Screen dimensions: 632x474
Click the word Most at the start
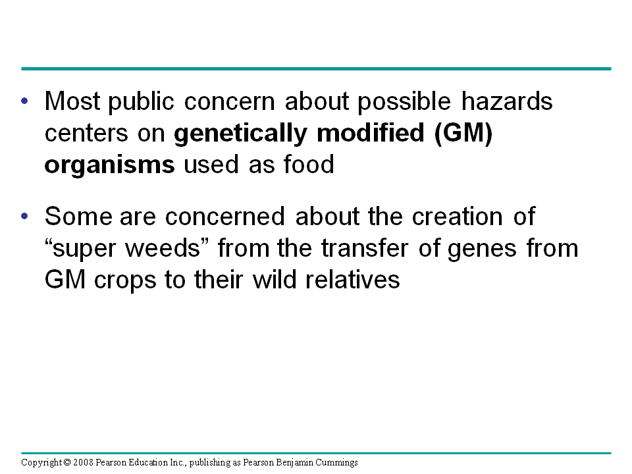click(x=72, y=101)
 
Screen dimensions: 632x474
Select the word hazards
click(x=507, y=101)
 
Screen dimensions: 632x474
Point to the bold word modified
click(x=371, y=132)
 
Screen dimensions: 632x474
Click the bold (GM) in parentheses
click(x=463, y=134)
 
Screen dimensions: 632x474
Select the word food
click(x=309, y=164)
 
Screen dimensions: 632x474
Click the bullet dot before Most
click(x=24, y=101)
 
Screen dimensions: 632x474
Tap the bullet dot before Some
click(x=24, y=216)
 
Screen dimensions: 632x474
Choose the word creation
click(x=458, y=217)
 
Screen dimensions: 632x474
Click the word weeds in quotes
click(x=163, y=248)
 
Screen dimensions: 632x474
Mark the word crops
click(x=125, y=281)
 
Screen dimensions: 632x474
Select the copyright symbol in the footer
click(x=67, y=462)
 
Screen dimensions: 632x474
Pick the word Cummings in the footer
click(x=336, y=463)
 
